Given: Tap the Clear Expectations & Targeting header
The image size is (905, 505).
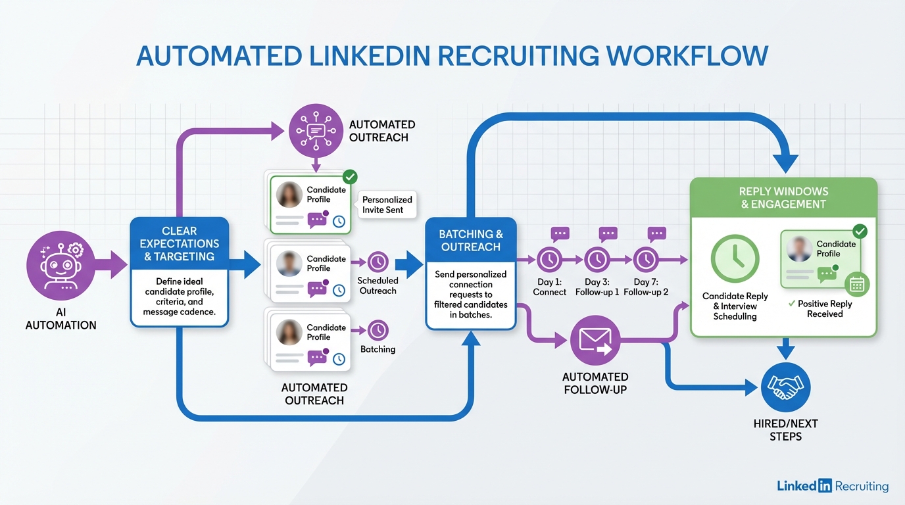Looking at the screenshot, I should (180, 243).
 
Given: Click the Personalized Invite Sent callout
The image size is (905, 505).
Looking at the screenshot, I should (387, 204).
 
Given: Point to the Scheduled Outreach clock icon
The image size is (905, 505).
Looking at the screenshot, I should (378, 262).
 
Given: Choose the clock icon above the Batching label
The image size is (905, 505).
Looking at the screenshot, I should (378, 330).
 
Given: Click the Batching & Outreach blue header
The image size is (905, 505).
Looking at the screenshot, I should (471, 241).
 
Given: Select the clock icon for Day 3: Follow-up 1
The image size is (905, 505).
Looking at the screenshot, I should (597, 260).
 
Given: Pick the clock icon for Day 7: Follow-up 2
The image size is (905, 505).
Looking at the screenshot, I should (645, 260).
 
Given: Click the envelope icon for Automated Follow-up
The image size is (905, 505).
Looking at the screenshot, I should (595, 341).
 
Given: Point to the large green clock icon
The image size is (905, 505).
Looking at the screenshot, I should (735, 259).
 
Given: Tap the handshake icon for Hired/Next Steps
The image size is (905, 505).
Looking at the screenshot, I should (785, 388).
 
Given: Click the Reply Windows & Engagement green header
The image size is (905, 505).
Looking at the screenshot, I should (783, 197).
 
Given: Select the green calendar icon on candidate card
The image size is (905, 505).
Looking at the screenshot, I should (857, 284).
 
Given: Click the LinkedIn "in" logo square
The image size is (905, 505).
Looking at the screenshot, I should (825, 486).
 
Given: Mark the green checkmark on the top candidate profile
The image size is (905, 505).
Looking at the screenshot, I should (351, 176).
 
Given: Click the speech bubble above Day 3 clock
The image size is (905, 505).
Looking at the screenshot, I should (608, 233).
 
